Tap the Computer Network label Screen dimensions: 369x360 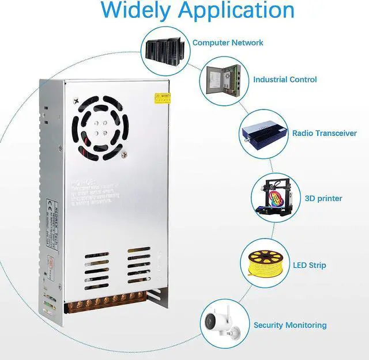(228, 43)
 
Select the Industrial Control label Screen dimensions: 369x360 (285, 79)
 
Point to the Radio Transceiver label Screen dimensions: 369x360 (325, 133)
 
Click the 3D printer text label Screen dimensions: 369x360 (323, 198)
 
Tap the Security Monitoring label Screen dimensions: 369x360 (290, 325)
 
